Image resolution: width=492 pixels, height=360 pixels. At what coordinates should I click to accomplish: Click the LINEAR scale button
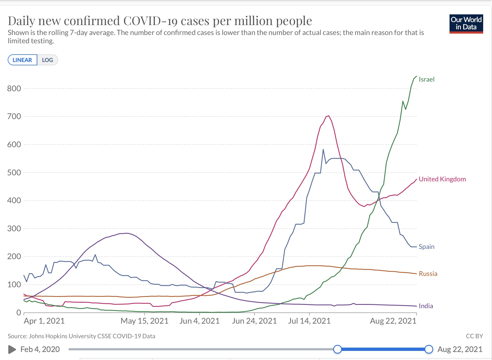click(x=22, y=60)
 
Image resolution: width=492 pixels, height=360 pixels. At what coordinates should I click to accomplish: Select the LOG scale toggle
click(x=47, y=60)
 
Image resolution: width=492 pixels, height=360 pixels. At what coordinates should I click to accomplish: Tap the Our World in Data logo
click(x=466, y=24)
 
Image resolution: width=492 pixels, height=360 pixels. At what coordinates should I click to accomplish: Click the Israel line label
click(x=426, y=79)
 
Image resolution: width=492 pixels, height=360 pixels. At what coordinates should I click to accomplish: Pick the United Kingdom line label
click(x=442, y=179)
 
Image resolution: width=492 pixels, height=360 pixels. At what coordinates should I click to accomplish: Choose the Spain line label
click(x=426, y=247)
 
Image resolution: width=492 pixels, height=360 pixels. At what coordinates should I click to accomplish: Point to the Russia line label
click(x=428, y=274)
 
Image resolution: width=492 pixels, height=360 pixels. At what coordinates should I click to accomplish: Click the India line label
click(x=426, y=306)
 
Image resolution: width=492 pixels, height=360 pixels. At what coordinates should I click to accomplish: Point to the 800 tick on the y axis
click(x=14, y=88)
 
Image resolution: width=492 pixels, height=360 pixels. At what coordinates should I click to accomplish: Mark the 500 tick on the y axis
click(x=14, y=173)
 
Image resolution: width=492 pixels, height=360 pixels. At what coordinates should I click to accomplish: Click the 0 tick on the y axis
click(x=18, y=313)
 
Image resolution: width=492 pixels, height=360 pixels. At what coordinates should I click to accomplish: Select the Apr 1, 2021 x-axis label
click(x=44, y=321)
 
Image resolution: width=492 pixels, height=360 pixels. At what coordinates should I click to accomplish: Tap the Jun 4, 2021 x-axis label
click(x=199, y=321)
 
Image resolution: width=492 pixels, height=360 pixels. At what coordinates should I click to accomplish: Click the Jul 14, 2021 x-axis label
click(x=309, y=321)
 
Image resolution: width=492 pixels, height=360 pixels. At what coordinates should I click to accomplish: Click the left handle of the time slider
click(x=337, y=349)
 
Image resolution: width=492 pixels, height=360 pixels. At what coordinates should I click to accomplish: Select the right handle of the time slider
click(x=429, y=349)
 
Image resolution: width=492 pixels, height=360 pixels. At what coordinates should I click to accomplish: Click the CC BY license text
click(x=474, y=336)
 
